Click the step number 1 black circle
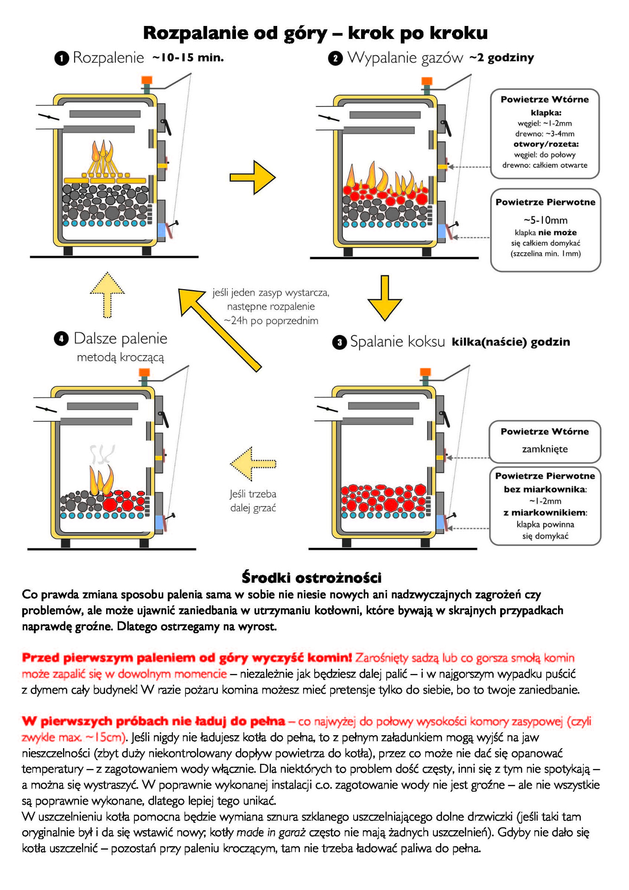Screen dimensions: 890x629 [62, 58]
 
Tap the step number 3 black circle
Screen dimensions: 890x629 [339, 343]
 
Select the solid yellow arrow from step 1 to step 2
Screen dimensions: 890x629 [253, 177]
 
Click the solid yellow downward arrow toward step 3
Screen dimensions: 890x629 [384, 298]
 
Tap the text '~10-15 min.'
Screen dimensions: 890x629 [188, 57]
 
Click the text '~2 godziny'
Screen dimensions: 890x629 [502, 57]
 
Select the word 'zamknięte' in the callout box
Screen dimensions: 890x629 [545, 449]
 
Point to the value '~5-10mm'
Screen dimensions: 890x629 [545, 220]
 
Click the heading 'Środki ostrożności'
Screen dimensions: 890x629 [311, 578]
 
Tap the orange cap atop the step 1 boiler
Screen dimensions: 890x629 [146, 80]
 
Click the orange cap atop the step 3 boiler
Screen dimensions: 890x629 [425, 372]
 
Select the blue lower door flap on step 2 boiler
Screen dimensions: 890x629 [441, 231]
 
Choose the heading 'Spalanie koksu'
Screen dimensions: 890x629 [397, 342]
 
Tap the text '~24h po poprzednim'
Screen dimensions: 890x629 [271, 320]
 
